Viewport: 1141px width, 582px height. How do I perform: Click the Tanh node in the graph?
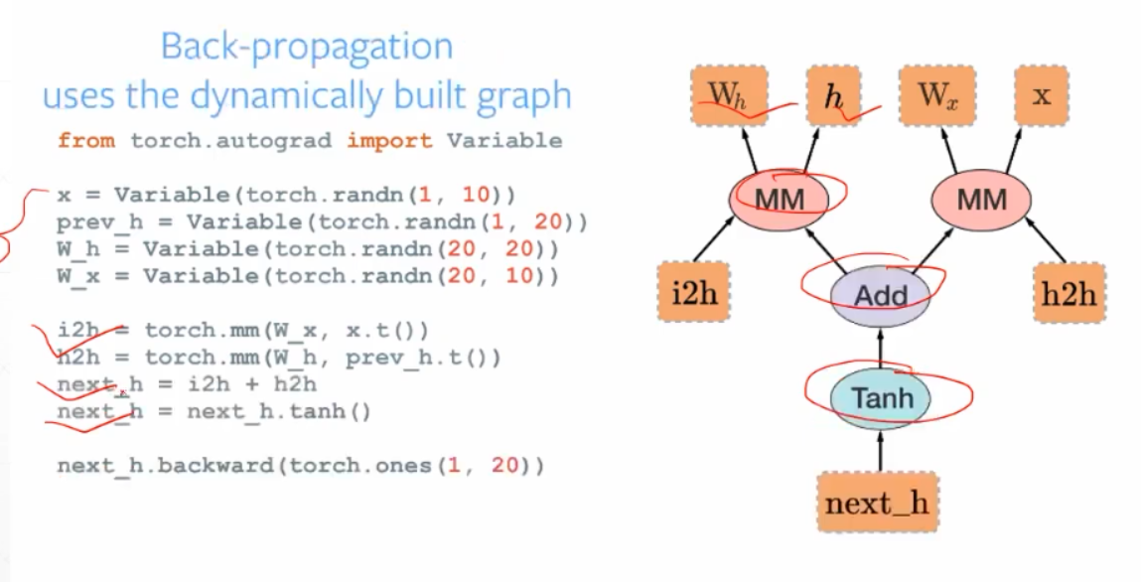click(881, 398)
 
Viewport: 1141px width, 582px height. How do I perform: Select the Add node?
click(881, 294)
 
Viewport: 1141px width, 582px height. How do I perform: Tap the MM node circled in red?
click(780, 199)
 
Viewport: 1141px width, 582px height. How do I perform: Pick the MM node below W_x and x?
click(981, 199)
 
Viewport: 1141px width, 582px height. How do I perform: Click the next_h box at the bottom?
click(877, 503)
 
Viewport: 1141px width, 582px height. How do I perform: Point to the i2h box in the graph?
click(693, 294)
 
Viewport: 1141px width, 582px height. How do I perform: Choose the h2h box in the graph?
click(1070, 294)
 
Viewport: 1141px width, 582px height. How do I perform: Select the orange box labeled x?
click(1041, 95)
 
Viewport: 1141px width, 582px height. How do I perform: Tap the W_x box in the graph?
click(937, 95)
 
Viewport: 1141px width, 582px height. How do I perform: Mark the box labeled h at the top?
click(833, 95)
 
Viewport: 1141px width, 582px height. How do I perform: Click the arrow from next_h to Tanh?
click(880, 452)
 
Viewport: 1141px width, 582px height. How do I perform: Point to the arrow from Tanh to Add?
click(880, 347)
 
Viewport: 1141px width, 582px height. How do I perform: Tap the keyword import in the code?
click(389, 140)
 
